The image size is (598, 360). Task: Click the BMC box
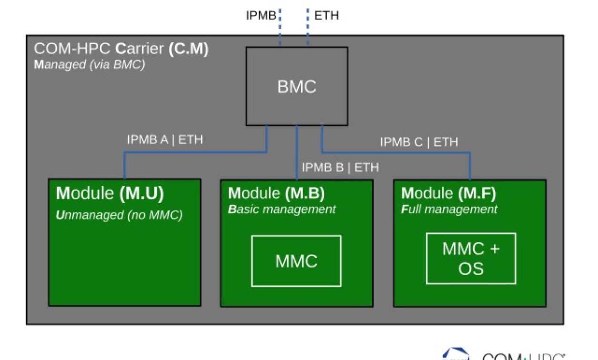tap(296, 86)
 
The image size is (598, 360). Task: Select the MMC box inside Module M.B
tap(296, 261)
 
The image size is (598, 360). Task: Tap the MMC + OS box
tap(470, 258)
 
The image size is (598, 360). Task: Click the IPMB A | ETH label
tap(164, 140)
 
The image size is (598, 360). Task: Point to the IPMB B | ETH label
tap(340, 167)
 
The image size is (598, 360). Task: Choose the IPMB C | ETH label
tap(419, 142)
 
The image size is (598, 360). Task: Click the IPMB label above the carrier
tap(260, 15)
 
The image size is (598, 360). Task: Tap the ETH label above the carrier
tap(327, 15)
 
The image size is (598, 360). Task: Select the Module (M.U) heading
tap(110, 193)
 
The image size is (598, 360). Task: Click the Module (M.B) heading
tap(276, 193)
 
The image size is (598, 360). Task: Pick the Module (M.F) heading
tap(448, 193)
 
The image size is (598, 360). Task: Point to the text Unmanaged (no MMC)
tap(119, 215)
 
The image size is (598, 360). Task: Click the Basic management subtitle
tap(282, 209)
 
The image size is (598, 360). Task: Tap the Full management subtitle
tap(449, 209)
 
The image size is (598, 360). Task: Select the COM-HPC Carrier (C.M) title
tap(121, 49)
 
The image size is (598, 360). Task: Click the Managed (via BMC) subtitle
tap(89, 64)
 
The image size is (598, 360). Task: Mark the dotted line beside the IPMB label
tap(280, 26)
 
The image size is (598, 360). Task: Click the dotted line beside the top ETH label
tap(308, 26)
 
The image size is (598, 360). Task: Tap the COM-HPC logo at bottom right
tap(505, 355)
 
